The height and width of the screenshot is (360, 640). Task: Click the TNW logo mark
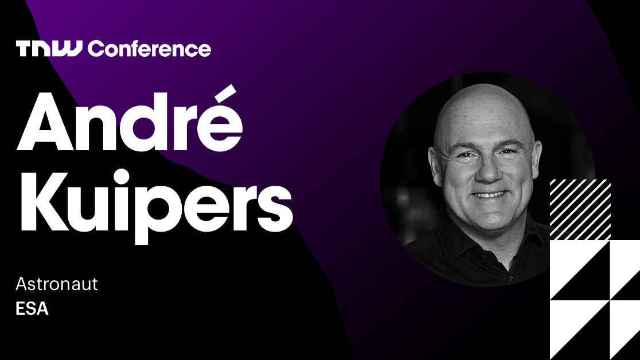click(50, 49)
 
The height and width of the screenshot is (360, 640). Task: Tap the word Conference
click(149, 49)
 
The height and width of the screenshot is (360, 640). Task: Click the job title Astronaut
click(57, 284)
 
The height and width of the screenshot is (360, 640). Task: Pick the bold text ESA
click(32, 309)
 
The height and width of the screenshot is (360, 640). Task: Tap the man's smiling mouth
click(489, 194)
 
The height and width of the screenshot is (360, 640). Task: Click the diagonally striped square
click(580, 209)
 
